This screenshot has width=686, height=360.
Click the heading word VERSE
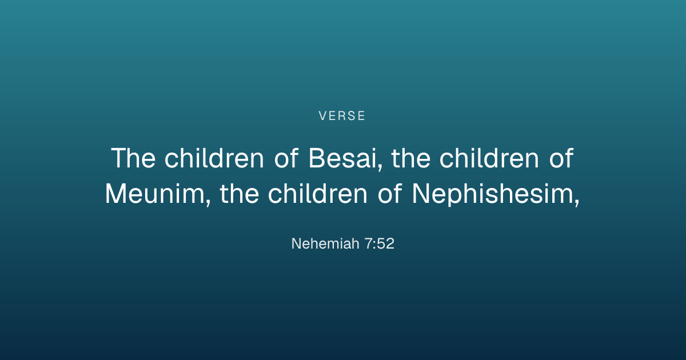pyautogui.click(x=342, y=115)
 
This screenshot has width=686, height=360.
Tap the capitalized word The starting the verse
pyautogui.click(x=133, y=158)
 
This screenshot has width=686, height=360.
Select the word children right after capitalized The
pyautogui.click(x=214, y=158)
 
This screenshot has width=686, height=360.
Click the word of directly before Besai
pyautogui.click(x=286, y=158)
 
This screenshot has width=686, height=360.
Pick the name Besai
pyautogui.click(x=342, y=158)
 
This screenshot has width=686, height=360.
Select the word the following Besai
pyautogui.click(x=411, y=158)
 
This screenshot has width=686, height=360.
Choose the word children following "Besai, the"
pyautogui.click(x=489, y=158)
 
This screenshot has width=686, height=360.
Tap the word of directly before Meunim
pyautogui.click(x=561, y=158)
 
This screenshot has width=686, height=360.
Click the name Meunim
pyautogui.click(x=155, y=194)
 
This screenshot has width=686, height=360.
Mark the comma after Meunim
pyautogui.click(x=209, y=203)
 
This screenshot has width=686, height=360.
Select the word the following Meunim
pyautogui.click(x=240, y=194)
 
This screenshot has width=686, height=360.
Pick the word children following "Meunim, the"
pyautogui.click(x=318, y=194)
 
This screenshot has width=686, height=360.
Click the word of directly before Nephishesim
pyautogui.click(x=389, y=194)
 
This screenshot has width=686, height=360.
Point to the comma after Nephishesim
pyautogui.click(x=577, y=203)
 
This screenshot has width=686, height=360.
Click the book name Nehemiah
pyautogui.click(x=325, y=243)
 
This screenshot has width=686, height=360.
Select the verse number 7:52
pyautogui.click(x=380, y=243)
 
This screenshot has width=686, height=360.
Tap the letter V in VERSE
pyautogui.click(x=323, y=115)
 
